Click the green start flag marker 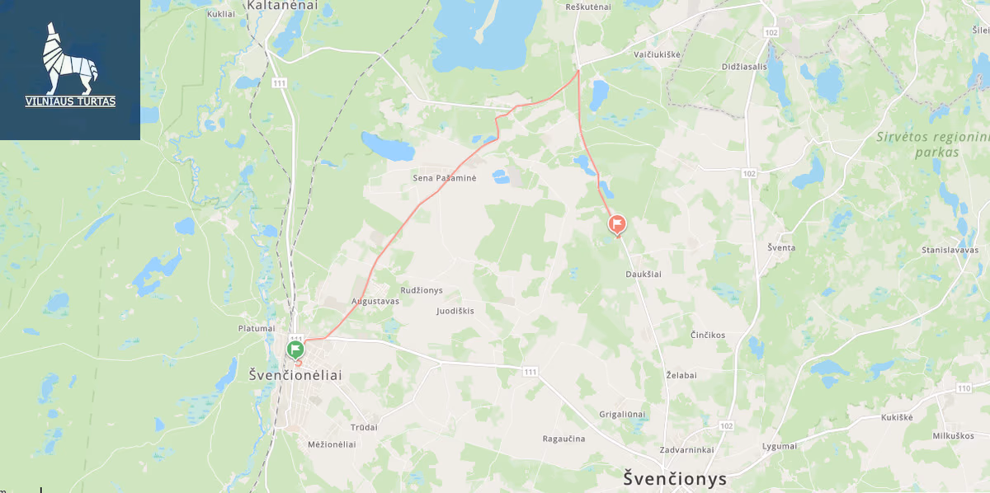pyautogui.click(x=295, y=349)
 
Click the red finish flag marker pyautogui.click(x=617, y=223)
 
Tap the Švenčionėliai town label pyautogui.click(x=295, y=375)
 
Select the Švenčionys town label pyautogui.click(x=675, y=478)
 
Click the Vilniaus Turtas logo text pyautogui.click(x=70, y=101)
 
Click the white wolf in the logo pyautogui.click(x=69, y=58)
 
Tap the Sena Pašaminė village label pyautogui.click(x=445, y=178)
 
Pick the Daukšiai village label pyautogui.click(x=643, y=275)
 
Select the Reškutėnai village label pyautogui.click(x=588, y=7)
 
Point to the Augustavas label pyautogui.click(x=375, y=301)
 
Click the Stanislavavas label pyautogui.click(x=950, y=249)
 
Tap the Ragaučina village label pyautogui.click(x=563, y=439)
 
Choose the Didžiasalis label pyautogui.click(x=744, y=67)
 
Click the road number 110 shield pyautogui.click(x=964, y=388)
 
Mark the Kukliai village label pyautogui.click(x=222, y=15)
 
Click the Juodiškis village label pyautogui.click(x=461, y=311)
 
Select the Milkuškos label pyautogui.click(x=953, y=435)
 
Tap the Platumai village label pyautogui.click(x=256, y=328)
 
